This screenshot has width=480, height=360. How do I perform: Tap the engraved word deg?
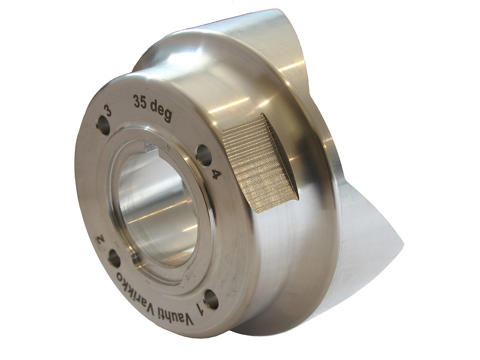click(x=161, y=107)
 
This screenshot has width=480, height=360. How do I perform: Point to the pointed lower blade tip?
click(x=401, y=240)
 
